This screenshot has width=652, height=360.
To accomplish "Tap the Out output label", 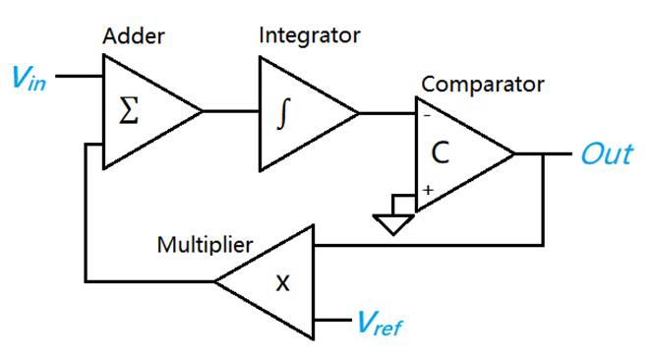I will [x=607, y=154].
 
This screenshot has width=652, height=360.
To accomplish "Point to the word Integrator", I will [x=309, y=36].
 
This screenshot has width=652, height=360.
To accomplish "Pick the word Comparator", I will [x=482, y=83].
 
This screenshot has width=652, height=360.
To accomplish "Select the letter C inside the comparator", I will [x=442, y=153].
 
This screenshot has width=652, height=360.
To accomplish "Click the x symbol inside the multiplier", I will [x=282, y=283].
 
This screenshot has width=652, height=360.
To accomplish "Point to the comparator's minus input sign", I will [x=426, y=115].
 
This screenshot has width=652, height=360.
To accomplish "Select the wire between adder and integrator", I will [x=230, y=112].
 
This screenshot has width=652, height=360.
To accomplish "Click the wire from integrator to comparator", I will [x=386, y=113].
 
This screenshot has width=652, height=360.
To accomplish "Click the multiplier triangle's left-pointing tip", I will [x=217, y=281].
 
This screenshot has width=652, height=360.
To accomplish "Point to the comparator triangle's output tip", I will [x=512, y=154].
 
